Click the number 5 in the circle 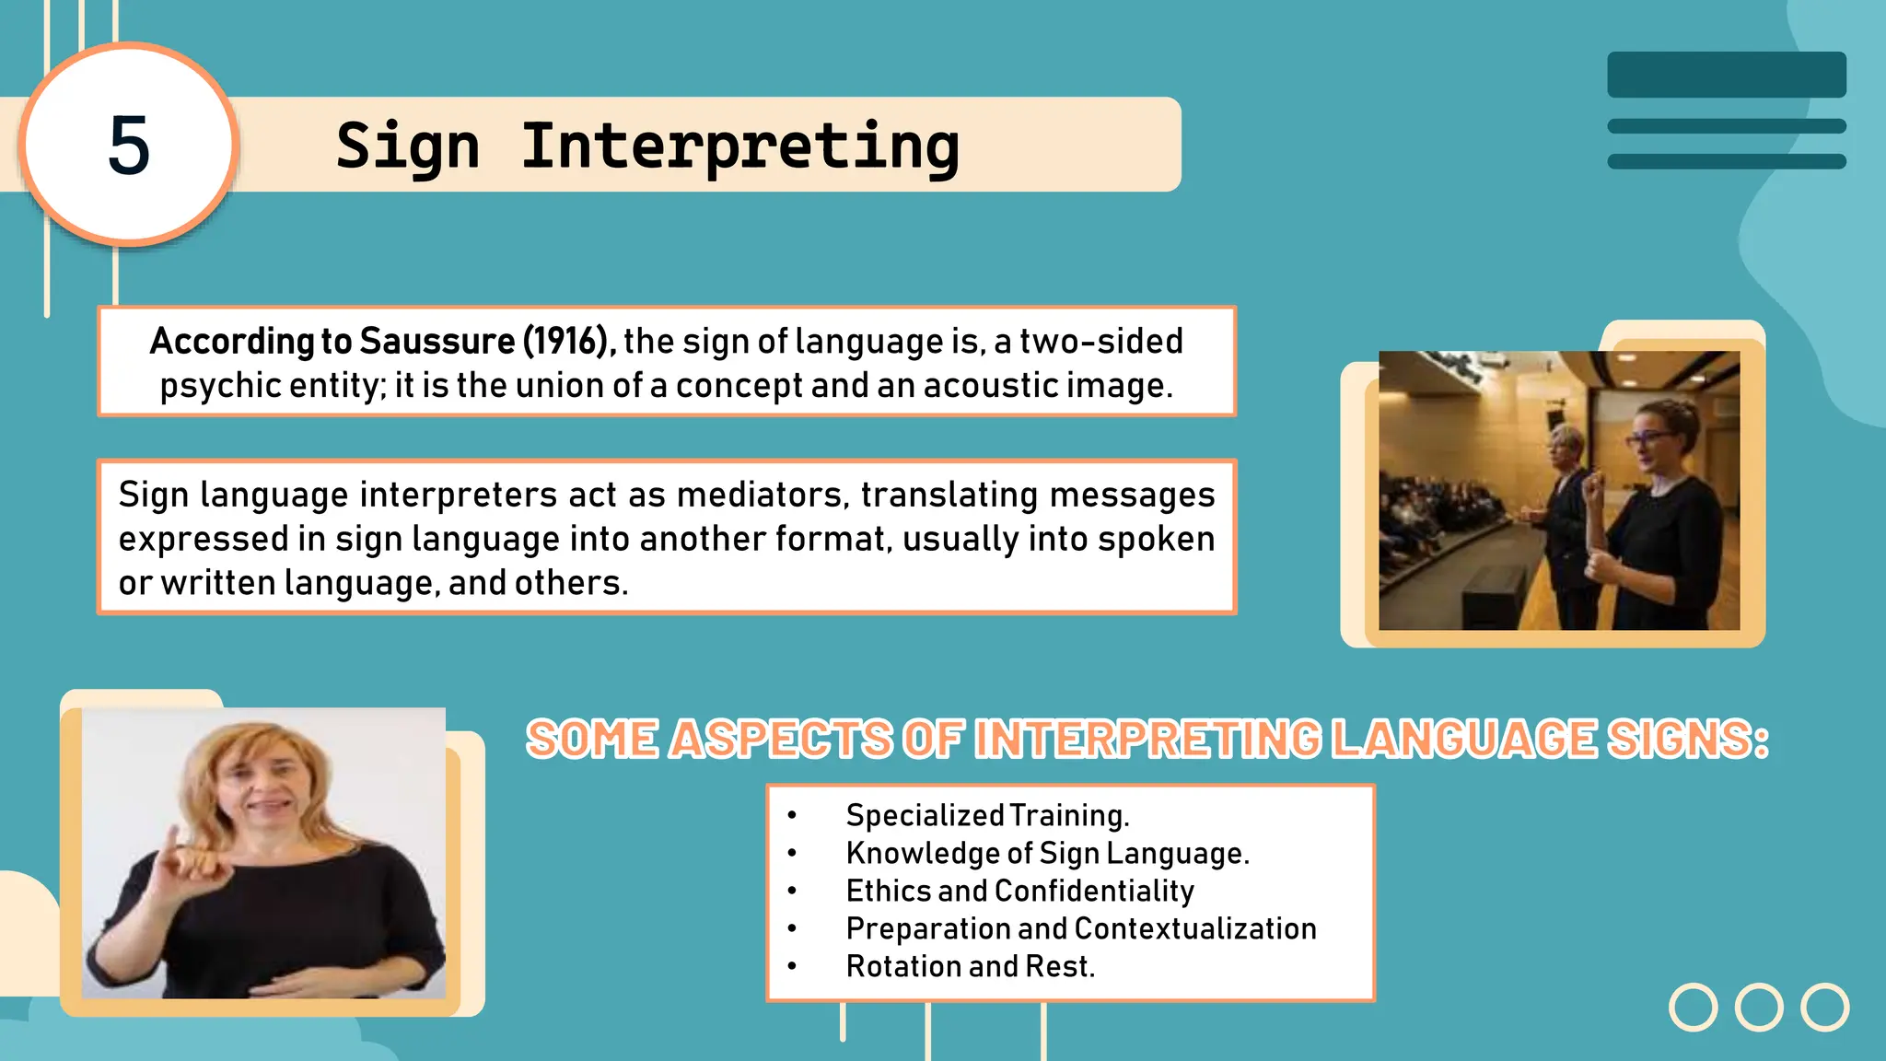pos(129,146)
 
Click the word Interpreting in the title pos(740,147)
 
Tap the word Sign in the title pos(408,147)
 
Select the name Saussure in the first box pos(437,341)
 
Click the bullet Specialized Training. pos(987,815)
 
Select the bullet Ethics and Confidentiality pos(1019,891)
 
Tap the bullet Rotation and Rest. pos(970,966)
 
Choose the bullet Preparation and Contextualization pos(1080,928)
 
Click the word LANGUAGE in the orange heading pos(1464,740)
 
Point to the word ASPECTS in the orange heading pos(781,740)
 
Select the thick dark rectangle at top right pos(1726,75)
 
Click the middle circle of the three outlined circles pos(1759,1007)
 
